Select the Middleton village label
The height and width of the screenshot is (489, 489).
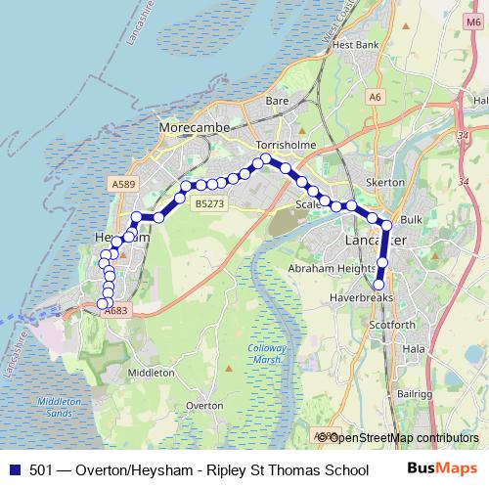(x=151, y=373)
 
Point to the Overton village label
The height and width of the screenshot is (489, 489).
(x=204, y=404)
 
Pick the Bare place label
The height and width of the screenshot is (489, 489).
(x=277, y=101)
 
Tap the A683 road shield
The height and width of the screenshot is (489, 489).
(x=115, y=311)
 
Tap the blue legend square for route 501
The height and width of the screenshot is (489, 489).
(x=14, y=470)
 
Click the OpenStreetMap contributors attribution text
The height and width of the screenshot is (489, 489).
(x=403, y=437)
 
